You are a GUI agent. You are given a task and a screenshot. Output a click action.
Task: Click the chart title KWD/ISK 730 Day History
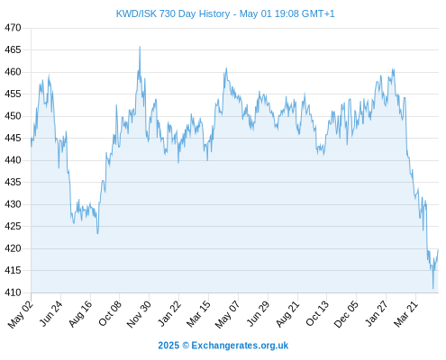[173, 13]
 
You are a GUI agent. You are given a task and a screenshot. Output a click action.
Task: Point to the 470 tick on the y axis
[13, 28]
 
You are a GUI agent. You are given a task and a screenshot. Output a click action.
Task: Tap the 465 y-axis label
[13, 49]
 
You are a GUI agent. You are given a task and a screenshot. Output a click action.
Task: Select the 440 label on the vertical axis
[13, 160]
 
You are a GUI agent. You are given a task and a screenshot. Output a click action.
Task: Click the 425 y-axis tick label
[13, 226]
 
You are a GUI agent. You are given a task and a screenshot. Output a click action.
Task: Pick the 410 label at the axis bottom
[13, 292]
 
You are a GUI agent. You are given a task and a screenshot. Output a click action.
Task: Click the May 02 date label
[21, 314]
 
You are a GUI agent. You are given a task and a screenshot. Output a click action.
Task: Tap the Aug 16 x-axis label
[80, 314]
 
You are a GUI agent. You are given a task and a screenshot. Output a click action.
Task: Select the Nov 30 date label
[139, 314]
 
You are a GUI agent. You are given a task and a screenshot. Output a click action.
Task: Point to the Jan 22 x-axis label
[169, 314]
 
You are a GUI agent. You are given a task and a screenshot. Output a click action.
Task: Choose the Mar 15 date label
[198, 314]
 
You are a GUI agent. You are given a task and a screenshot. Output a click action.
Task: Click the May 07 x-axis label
[228, 314]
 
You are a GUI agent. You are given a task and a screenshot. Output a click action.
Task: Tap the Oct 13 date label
[317, 314]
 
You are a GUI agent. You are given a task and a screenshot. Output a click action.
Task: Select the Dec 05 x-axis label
[346, 314]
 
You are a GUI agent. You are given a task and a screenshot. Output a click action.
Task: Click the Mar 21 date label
[405, 314]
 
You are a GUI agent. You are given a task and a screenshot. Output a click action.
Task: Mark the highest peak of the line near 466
[140, 47]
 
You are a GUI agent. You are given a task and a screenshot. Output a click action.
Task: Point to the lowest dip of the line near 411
[432, 289]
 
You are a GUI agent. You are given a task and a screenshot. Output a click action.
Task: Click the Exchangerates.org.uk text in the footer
[240, 346]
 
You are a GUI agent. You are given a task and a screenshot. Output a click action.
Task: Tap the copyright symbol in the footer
[186, 346]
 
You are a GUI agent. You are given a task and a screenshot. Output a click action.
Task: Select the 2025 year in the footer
[168, 346]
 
